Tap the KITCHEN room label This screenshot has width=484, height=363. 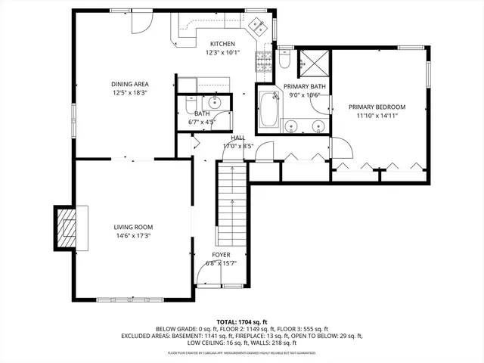click(x=222, y=44)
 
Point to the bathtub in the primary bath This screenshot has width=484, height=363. click(x=268, y=111)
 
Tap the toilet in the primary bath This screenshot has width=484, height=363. click(x=284, y=57)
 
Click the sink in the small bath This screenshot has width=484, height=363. click(x=214, y=103)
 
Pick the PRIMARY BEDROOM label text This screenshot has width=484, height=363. click(x=377, y=107)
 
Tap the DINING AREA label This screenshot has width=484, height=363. click(x=130, y=84)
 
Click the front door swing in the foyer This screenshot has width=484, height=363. click(x=206, y=276)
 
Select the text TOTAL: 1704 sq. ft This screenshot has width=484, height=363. click(x=242, y=321)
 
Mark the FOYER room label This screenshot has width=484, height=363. click(x=221, y=255)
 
